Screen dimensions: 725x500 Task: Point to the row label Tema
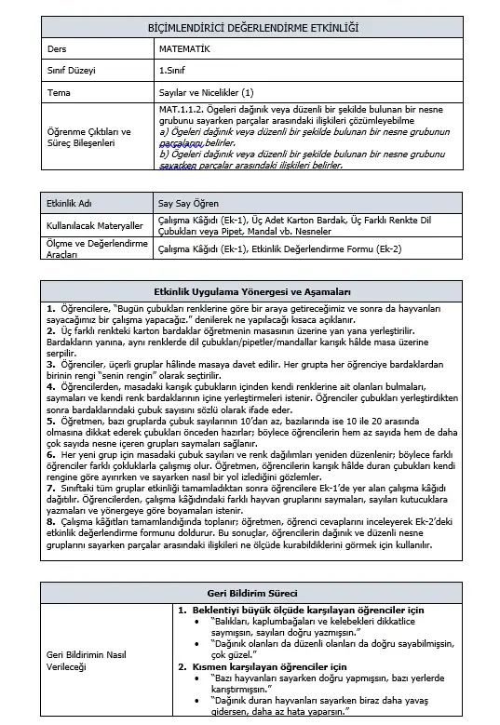59,93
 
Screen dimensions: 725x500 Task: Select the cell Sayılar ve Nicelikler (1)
206,93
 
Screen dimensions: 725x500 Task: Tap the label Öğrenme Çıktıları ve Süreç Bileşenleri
88,138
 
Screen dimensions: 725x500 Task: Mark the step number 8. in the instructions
50,521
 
